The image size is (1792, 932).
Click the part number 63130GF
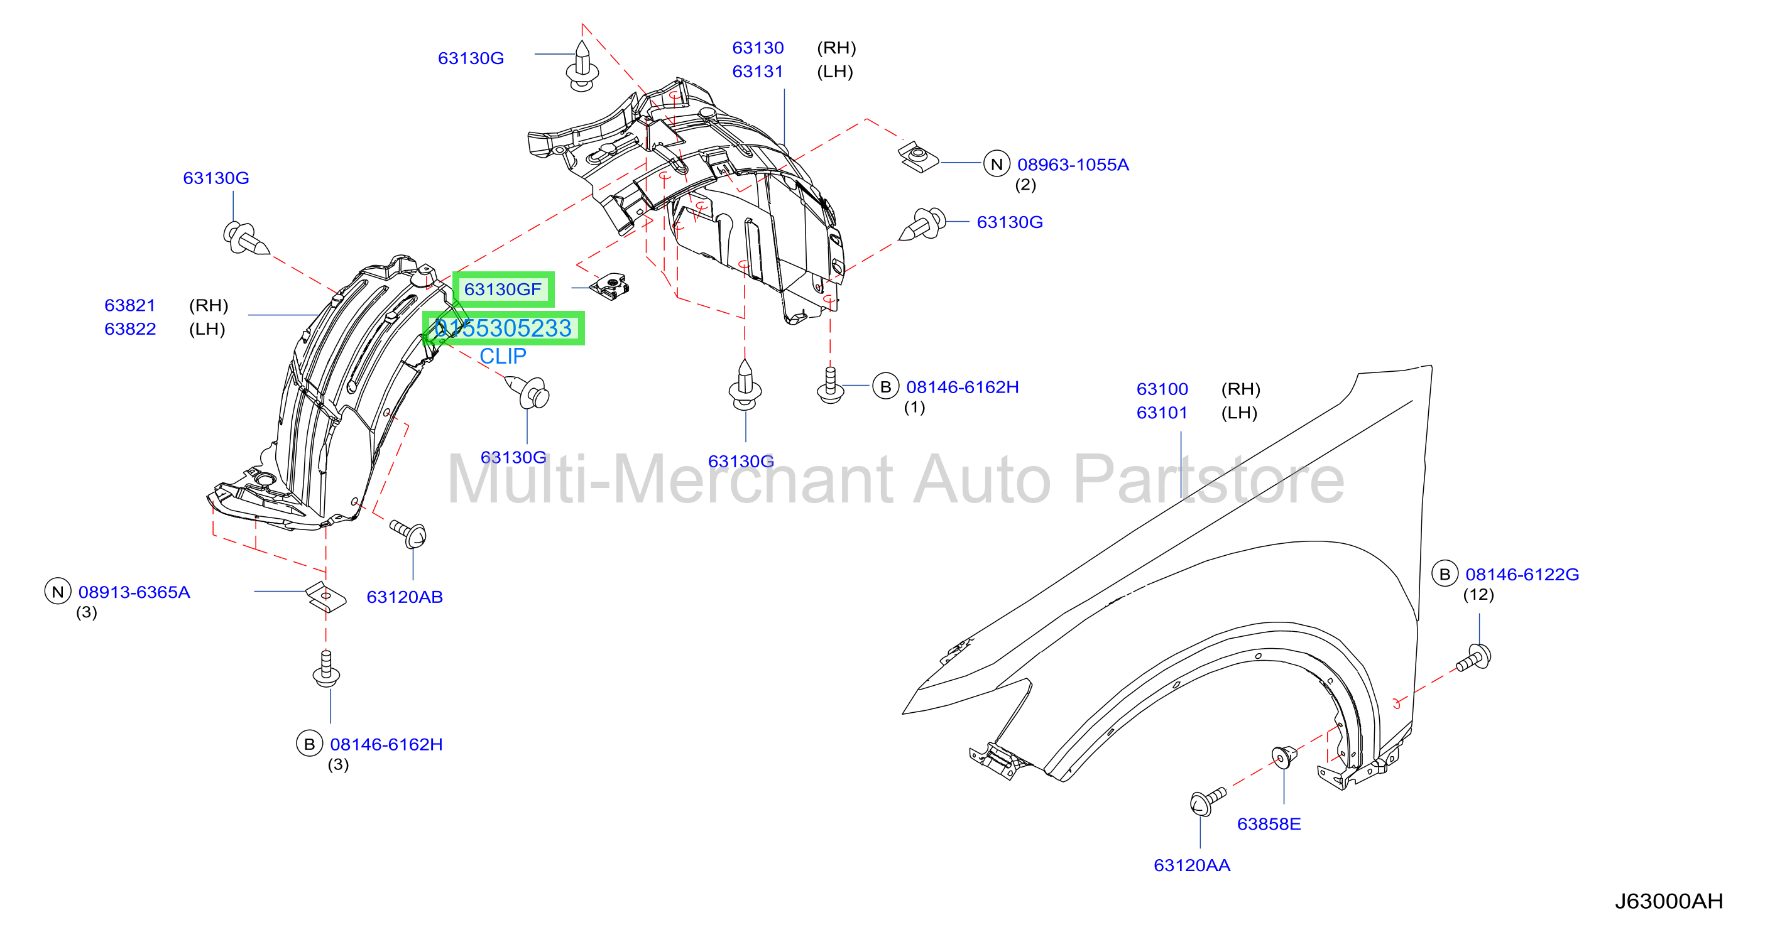(x=502, y=290)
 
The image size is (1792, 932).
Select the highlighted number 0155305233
(x=503, y=328)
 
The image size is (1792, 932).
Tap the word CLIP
(x=502, y=356)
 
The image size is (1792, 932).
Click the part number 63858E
(x=1268, y=823)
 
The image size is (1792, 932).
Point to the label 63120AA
(x=1192, y=865)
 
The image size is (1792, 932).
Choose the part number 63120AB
(x=404, y=597)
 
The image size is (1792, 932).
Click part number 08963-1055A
(x=1073, y=165)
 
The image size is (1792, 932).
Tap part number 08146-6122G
(x=1522, y=575)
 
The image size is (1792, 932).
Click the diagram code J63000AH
(x=1668, y=901)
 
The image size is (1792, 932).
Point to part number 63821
(x=130, y=305)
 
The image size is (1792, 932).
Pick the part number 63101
(x=1162, y=413)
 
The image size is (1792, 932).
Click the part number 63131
(x=758, y=72)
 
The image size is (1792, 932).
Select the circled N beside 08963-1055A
(x=996, y=164)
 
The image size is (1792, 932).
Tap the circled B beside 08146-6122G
(x=1444, y=574)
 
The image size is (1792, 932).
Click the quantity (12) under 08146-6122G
(x=1478, y=595)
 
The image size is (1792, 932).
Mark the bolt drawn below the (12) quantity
(x=1474, y=658)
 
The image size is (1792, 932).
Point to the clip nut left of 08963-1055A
(x=917, y=157)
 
